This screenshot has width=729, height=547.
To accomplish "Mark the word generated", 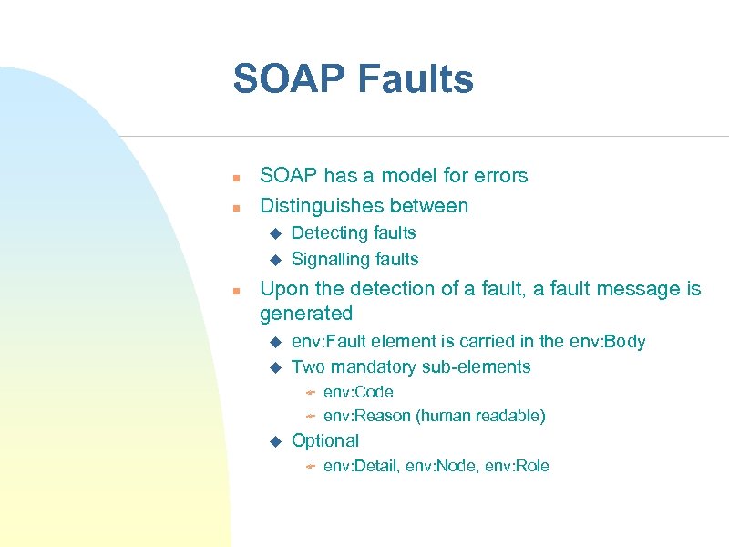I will (305, 314).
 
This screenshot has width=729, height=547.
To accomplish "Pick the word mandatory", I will (375, 366).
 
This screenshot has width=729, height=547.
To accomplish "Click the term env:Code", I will (358, 392).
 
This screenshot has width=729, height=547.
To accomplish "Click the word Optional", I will (324, 440).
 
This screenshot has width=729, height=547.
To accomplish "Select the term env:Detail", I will (363, 466).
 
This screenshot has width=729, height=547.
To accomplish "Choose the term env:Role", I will (518, 466).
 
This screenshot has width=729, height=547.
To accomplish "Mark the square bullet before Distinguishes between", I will (235, 207).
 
